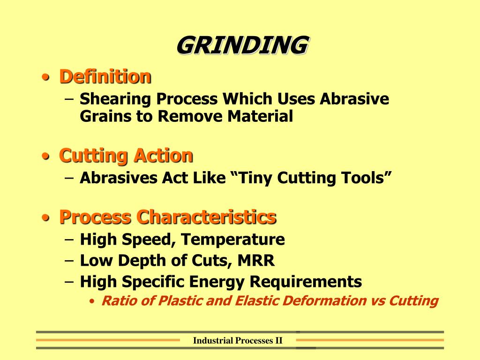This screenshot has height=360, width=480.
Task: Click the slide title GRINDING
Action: pos(242,45)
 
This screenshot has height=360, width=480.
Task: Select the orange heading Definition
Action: pos(105,76)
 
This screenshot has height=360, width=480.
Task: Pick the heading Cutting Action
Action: pos(126,155)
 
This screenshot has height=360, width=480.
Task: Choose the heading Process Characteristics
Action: pos(167,217)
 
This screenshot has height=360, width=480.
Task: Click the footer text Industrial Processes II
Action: pos(238,341)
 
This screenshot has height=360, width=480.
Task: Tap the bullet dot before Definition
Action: pos(45,77)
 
